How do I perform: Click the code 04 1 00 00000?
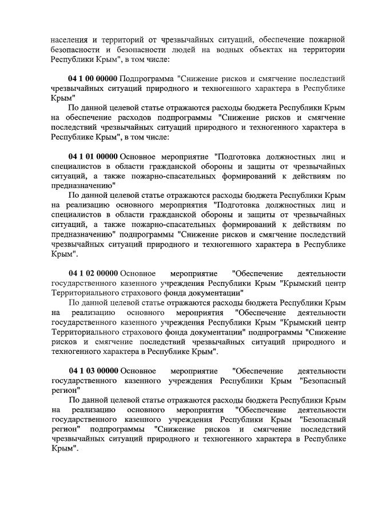(93, 78)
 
